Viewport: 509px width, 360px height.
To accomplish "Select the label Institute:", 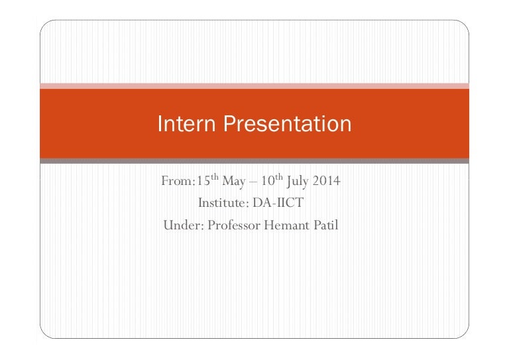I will click(x=221, y=202).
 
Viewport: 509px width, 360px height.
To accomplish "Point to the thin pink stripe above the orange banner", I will click(x=254, y=86).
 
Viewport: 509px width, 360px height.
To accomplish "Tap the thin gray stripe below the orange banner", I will click(x=254, y=160).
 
